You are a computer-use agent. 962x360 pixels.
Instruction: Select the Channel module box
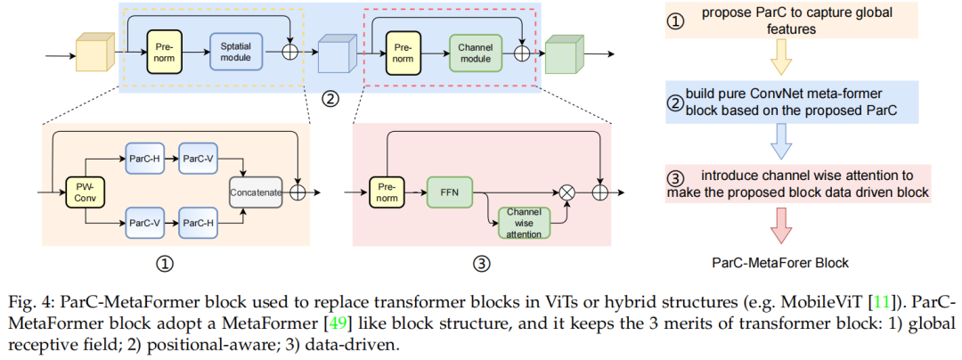coord(475,52)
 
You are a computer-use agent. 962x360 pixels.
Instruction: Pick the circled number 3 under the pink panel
coord(481,264)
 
